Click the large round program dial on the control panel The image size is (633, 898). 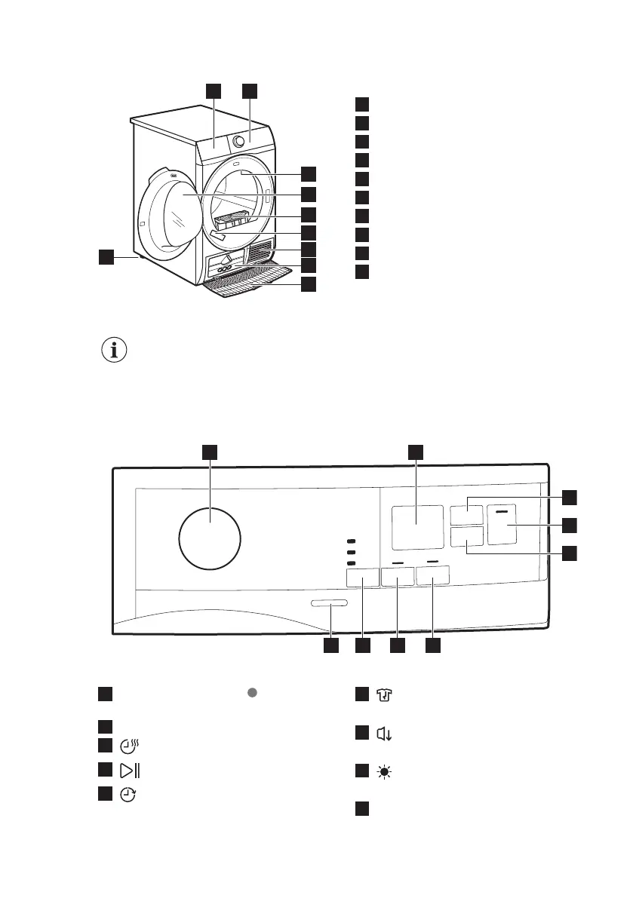pos(210,538)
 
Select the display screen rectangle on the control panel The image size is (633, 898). pos(417,526)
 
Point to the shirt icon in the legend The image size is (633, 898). pos(386,696)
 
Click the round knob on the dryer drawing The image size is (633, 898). pos(241,140)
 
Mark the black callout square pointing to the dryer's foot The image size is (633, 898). pos(106,258)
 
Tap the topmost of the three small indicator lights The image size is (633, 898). pos(351,541)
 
